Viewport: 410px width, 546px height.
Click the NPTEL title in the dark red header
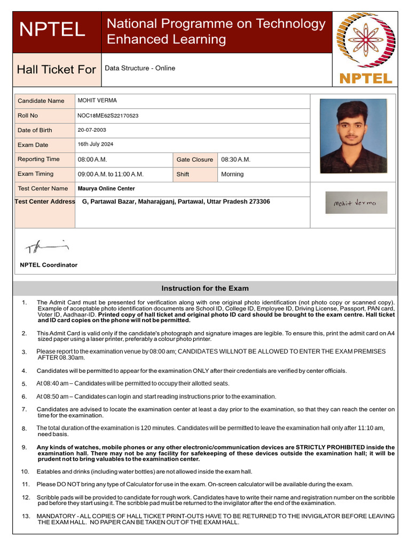click(52, 30)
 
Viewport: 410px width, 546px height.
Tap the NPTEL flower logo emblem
click(365, 39)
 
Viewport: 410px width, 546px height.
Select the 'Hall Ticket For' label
click(57, 70)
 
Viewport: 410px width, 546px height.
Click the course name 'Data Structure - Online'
click(140, 68)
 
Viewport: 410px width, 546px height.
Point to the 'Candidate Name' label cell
click(41, 101)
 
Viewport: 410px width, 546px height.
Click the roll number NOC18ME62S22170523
click(108, 116)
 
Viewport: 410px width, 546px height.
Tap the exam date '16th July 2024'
click(96, 144)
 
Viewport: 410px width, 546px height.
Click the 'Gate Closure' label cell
click(195, 159)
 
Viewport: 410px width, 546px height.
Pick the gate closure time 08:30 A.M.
click(236, 159)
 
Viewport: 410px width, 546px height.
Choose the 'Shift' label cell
click(183, 174)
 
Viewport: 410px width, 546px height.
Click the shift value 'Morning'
click(232, 174)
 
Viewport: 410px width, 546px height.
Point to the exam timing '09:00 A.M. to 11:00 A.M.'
click(111, 174)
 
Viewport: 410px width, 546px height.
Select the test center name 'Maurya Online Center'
click(106, 189)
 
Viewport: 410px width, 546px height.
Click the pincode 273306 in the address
click(259, 202)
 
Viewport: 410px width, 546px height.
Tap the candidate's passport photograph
click(353, 135)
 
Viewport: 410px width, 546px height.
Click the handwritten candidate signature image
click(356, 203)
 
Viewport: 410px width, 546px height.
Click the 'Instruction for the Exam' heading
click(205, 288)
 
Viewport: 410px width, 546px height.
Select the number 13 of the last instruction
click(25, 516)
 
